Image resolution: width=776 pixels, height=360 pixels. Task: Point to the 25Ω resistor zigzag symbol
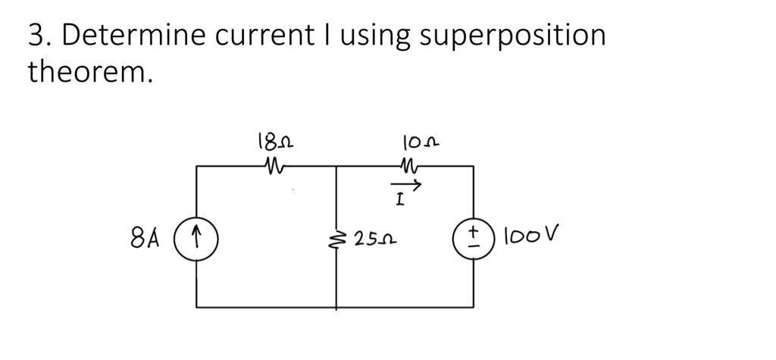click(336, 239)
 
